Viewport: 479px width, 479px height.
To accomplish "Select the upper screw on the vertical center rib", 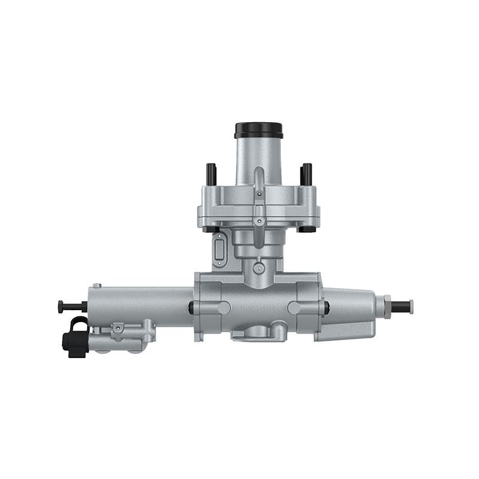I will (x=258, y=193).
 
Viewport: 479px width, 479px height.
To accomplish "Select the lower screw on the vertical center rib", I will (x=258, y=221).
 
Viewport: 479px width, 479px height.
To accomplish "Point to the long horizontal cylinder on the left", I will (x=141, y=305).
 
